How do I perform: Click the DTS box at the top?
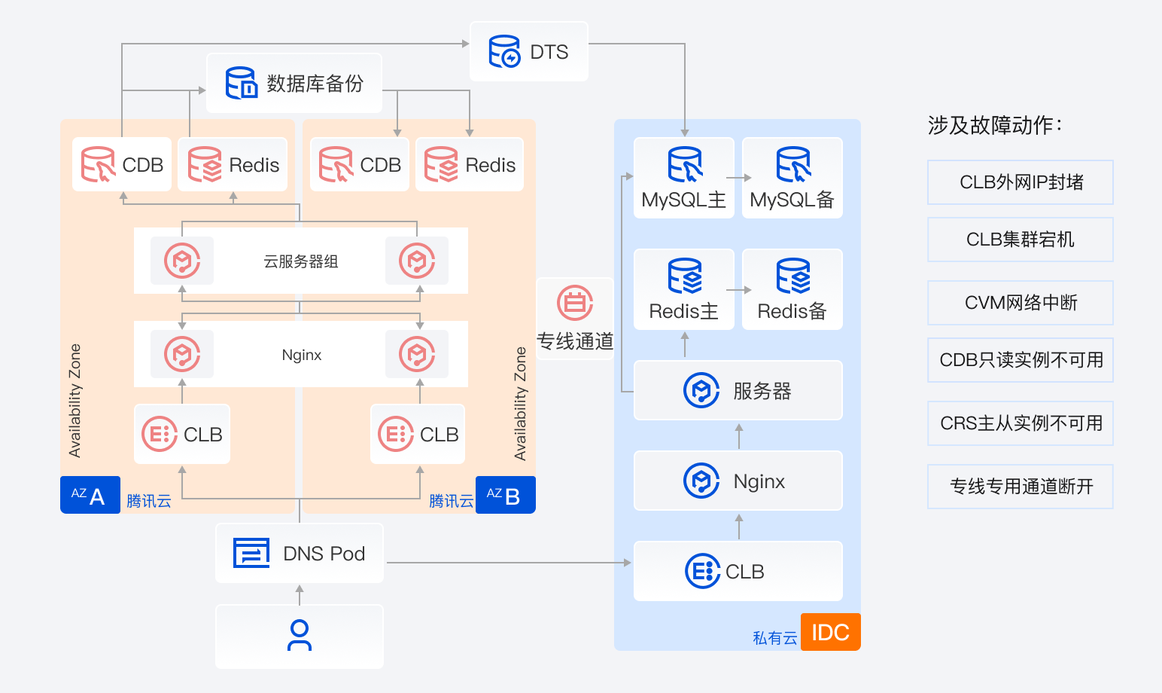(529, 52)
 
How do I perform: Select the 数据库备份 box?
(294, 84)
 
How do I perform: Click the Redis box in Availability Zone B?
(470, 165)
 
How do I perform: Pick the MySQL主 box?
(683, 179)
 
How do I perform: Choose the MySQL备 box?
(792, 179)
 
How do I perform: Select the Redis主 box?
(683, 290)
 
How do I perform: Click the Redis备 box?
(792, 290)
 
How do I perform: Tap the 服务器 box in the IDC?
(738, 390)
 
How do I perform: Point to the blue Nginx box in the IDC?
(738, 481)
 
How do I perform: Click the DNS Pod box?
(300, 554)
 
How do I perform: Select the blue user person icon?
(300, 636)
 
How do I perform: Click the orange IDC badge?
(830, 632)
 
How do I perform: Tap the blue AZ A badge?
(90, 496)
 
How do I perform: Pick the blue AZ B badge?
(505, 496)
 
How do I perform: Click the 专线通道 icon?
(575, 303)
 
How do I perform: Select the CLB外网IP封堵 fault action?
(1021, 182)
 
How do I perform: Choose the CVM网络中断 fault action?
(1021, 303)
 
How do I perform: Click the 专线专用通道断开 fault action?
(1021, 487)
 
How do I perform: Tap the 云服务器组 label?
(300, 261)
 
